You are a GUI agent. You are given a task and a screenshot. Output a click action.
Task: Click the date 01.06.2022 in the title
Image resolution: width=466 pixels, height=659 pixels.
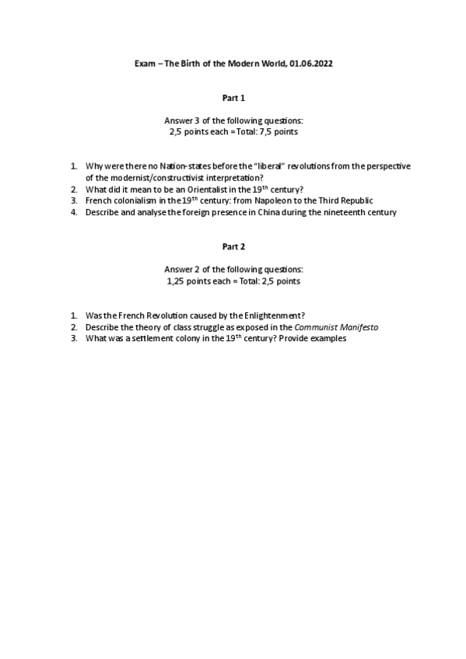click(x=310, y=64)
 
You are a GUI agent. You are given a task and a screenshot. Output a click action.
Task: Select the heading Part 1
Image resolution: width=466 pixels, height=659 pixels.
click(x=233, y=98)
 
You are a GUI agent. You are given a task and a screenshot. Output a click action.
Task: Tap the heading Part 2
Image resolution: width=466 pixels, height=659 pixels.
click(x=233, y=246)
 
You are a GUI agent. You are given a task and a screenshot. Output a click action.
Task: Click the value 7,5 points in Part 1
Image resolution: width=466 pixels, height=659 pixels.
click(x=279, y=132)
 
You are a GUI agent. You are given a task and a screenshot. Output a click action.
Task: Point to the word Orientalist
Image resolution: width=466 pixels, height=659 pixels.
click(x=209, y=190)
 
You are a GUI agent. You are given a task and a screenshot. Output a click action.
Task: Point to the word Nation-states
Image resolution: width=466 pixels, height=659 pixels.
click(x=174, y=166)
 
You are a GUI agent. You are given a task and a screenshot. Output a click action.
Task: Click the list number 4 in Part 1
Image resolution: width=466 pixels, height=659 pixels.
click(x=73, y=212)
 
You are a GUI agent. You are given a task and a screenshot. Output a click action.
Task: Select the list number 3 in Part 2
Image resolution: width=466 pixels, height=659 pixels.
click(x=73, y=338)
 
